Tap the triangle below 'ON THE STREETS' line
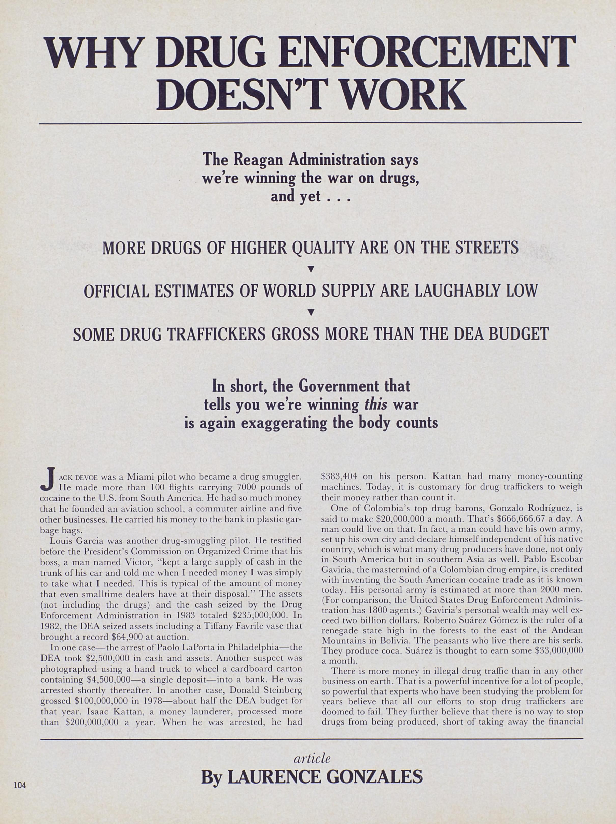[x=310, y=269]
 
